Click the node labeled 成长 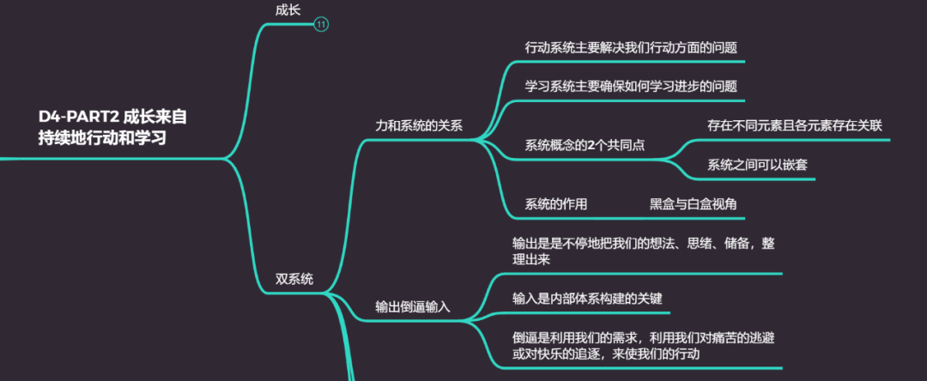coord(288,9)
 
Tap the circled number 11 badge coord(321,25)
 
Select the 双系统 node coord(294,279)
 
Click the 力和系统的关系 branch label coord(419,125)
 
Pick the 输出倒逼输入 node coord(413,306)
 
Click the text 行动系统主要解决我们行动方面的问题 coord(631,48)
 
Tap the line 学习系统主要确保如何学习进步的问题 coord(631,87)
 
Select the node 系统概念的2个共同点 coord(585,145)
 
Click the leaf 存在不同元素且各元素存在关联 coord(795,125)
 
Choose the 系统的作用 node coord(556,204)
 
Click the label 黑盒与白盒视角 coord(693,204)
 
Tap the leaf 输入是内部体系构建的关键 coord(587,298)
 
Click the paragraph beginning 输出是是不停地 coord(644,251)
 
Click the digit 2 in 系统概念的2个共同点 coord(592,145)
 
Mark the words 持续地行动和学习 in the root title coord(101,137)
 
